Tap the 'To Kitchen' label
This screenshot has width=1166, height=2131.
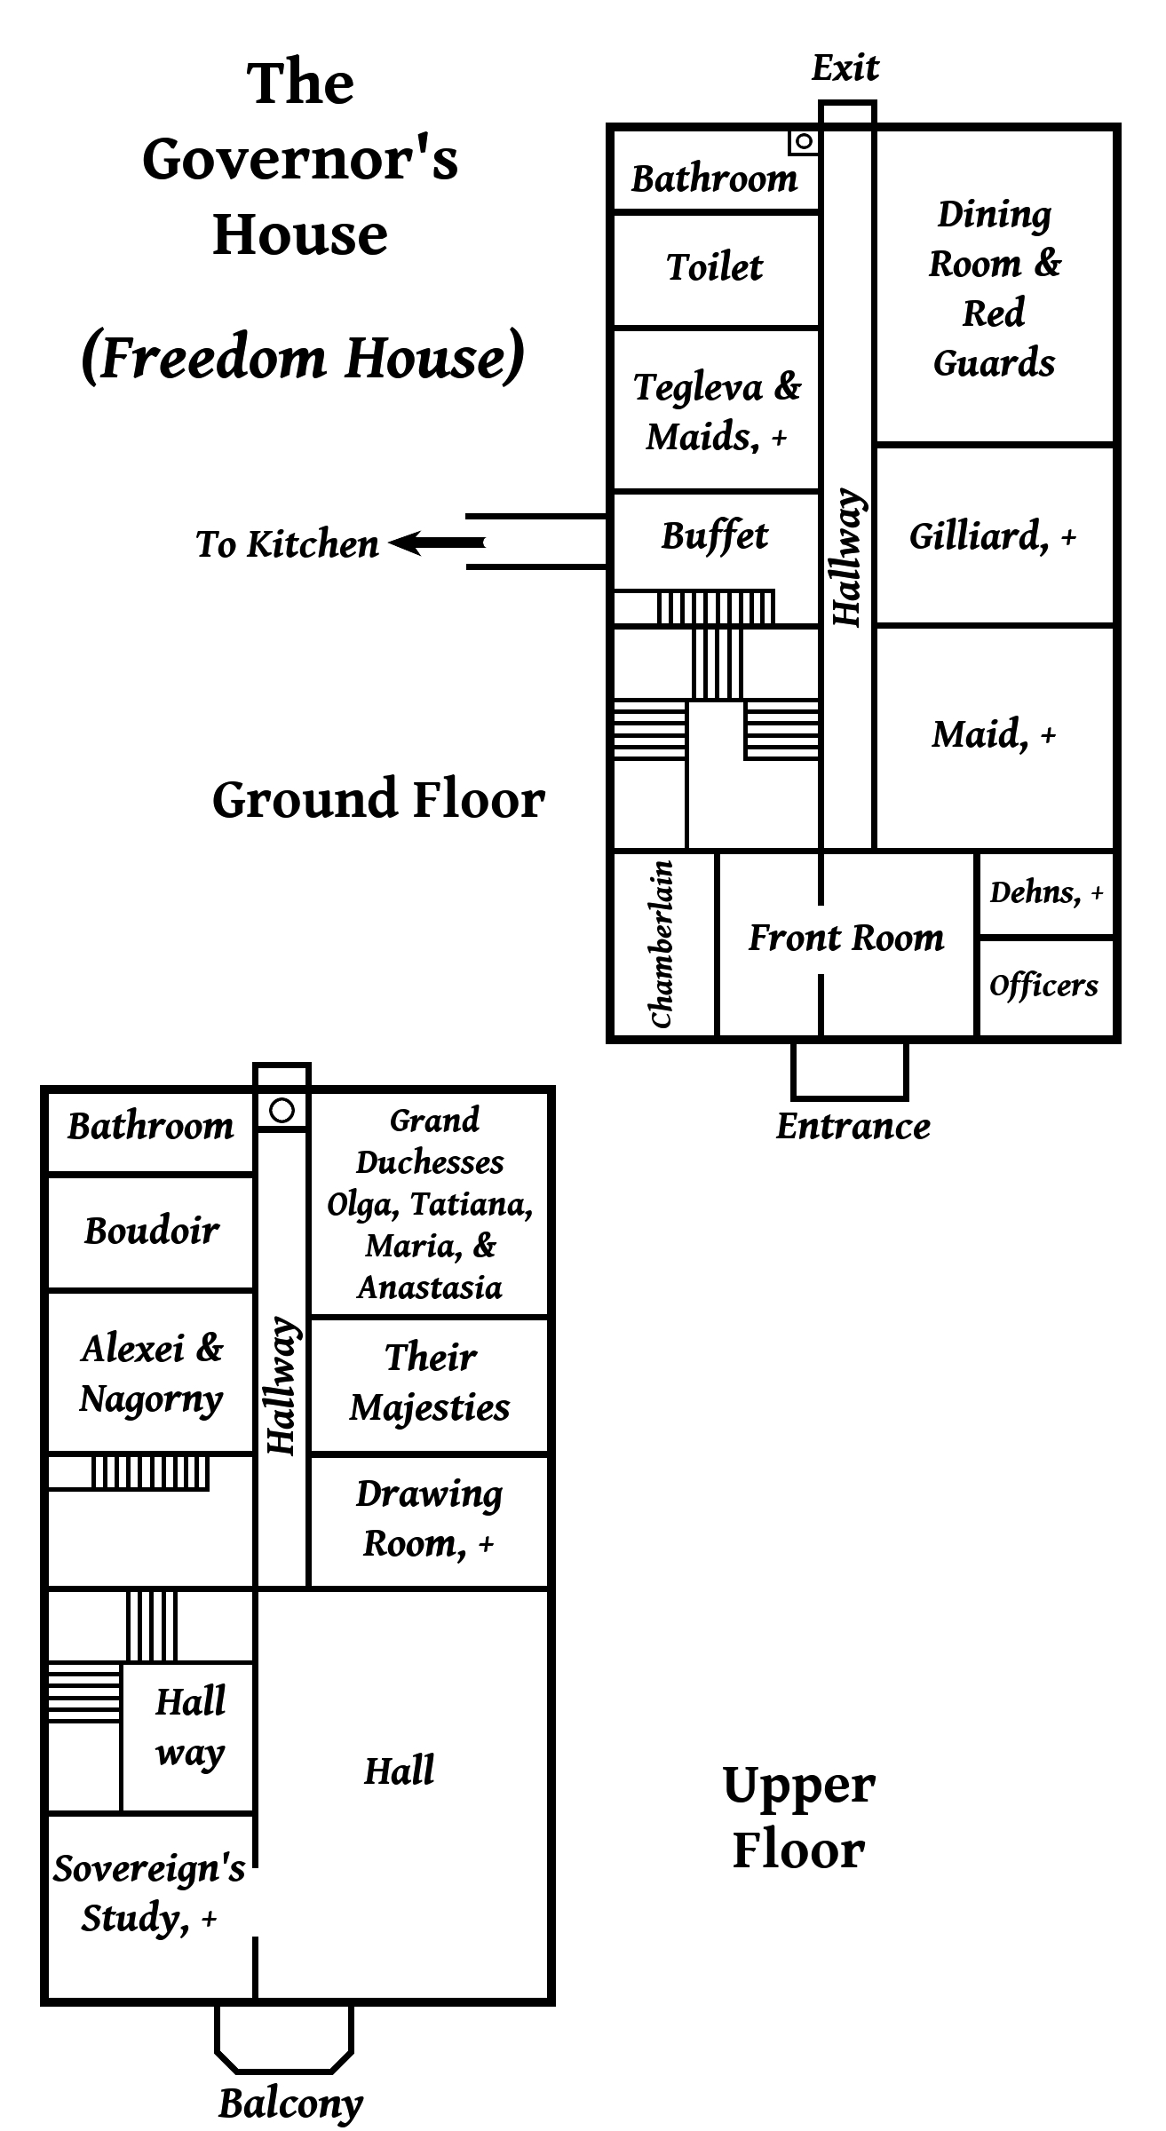pyautogui.click(x=287, y=544)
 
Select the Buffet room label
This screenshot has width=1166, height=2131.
pyautogui.click(x=715, y=536)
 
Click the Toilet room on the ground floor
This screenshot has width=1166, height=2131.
pyautogui.click(x=715, y=267)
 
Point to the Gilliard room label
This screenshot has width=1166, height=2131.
pyautogui.click(x=993, y=536)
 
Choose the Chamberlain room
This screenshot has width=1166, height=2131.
pyautogui.click(x=662, y=944)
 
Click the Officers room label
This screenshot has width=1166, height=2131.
pyautogui.click(x=1044, y=986)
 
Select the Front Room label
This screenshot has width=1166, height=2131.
pyautogui.click(x=846, y=938)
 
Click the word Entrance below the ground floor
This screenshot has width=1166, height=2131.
pyautogui.click(x=853, y=1126)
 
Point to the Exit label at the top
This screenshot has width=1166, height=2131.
pyautogui.click(x=845, y=68)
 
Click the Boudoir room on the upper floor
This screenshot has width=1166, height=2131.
pyautogui.click(x=151, y=1231)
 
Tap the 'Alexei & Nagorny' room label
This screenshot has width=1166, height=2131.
pyautogui.click(x=151, y=1373)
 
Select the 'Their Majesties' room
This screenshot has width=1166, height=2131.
pyautogui.click(x=430, y=1382)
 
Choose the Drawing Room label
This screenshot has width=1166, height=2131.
pyautogui.click(x=430, y=1519)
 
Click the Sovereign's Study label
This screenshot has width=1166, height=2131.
pyautogui.click(x=149, y=1894)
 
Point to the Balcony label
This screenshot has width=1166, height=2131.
pyautogui.click(x=290, y=2103)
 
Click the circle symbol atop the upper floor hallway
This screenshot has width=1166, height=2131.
pyautogui.click(x=282, y=1110)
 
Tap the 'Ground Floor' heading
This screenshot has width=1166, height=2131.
pyautogui.click(x=378, y=799)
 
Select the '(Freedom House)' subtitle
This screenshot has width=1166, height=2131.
pyautogui.click(x=303, y=357)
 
